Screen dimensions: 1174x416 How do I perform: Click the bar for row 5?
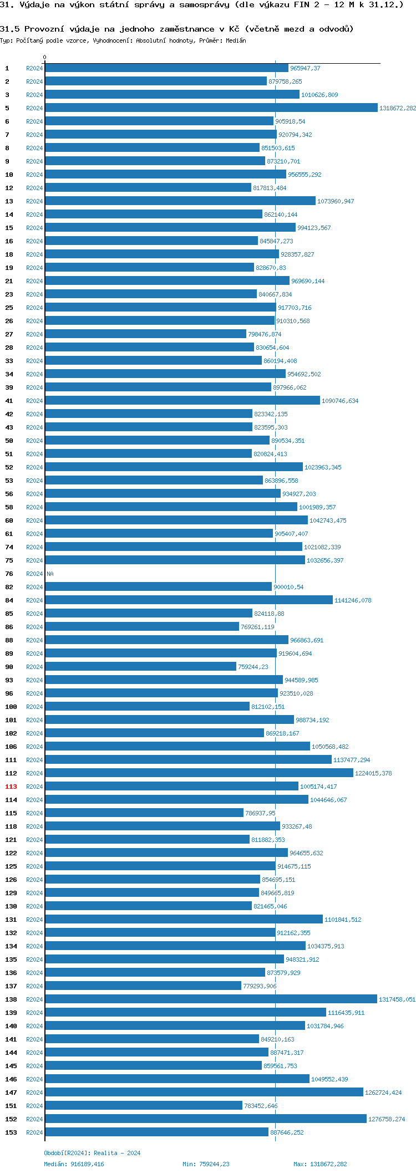(211, 108)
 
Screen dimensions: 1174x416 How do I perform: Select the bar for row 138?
(211, 999)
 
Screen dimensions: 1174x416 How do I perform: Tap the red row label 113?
(11, 787)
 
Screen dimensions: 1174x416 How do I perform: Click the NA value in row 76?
(50, 574)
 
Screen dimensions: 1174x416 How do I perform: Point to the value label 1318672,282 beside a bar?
(397, 108)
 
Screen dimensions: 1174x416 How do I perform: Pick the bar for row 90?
(140, 667)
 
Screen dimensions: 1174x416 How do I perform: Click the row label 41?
(9, 401)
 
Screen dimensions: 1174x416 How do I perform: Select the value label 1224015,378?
(373, 773)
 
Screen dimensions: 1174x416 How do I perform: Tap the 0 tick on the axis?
(45, 57)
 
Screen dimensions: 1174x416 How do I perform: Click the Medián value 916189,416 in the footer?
(87, 1164)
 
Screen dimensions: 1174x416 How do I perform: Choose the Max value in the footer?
(329, 1164)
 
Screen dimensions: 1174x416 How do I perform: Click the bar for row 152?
(205, 1119)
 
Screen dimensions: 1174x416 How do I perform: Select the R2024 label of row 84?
(34, 600)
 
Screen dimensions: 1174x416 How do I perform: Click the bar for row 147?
(204, 1093)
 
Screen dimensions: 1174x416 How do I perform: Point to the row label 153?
(11, 1132)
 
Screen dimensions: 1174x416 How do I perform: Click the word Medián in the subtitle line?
(236, 40)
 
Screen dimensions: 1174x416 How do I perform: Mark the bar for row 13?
(180, 201)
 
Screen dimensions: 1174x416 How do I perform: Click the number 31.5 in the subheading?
(9, 29)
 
